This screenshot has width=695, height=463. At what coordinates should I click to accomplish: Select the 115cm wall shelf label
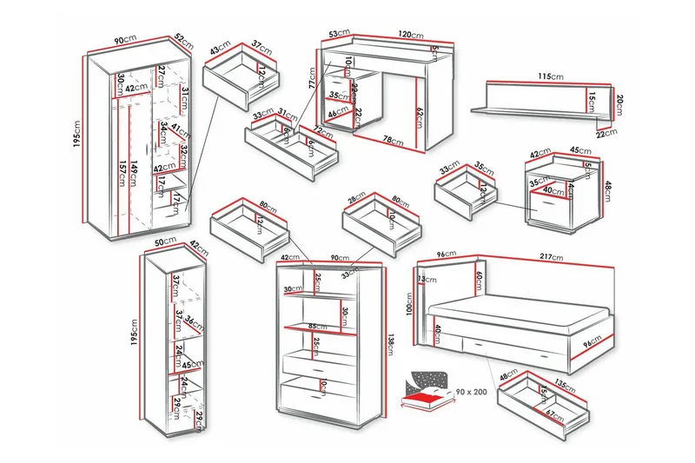point(546,77)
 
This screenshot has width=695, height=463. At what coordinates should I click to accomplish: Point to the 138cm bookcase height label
point(392,343)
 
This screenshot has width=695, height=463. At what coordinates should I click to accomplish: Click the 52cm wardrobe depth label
point(182,39)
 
